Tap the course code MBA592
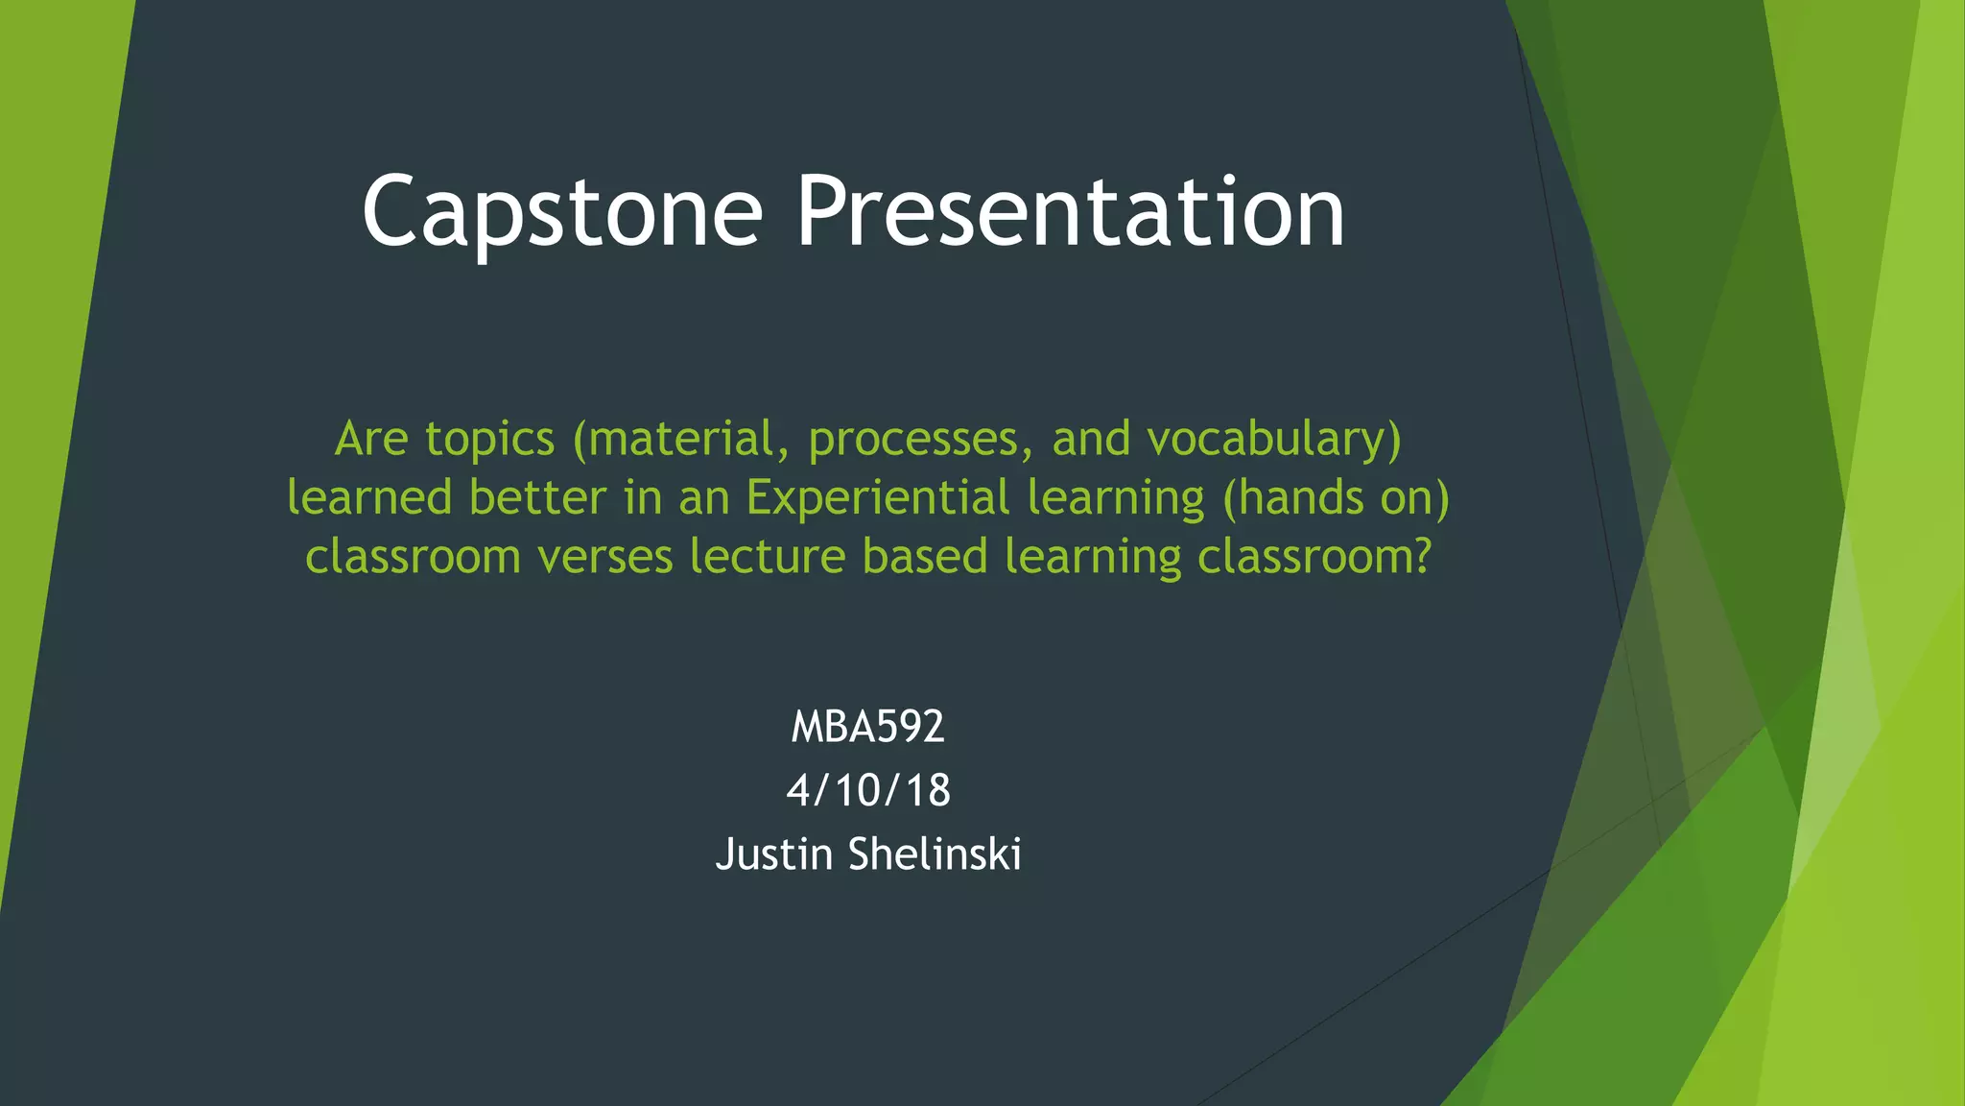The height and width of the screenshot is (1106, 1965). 867,727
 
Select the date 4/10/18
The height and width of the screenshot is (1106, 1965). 868,790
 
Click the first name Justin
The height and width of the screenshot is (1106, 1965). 773,854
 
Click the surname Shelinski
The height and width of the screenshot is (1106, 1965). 935,854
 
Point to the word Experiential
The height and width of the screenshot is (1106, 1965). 878,498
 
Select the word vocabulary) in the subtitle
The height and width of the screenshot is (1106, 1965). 1274,440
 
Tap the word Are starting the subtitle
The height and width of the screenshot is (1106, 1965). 371,440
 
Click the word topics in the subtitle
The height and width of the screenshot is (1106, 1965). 489,440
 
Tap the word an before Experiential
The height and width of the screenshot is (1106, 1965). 704,498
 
